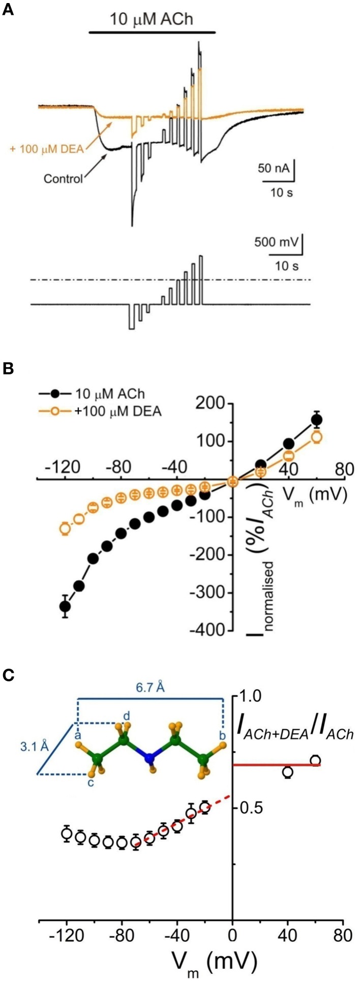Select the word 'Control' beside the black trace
click(x=63, y=178)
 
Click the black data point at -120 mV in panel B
click(x=65, y=606)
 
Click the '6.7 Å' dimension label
click(x=150, y=688)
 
